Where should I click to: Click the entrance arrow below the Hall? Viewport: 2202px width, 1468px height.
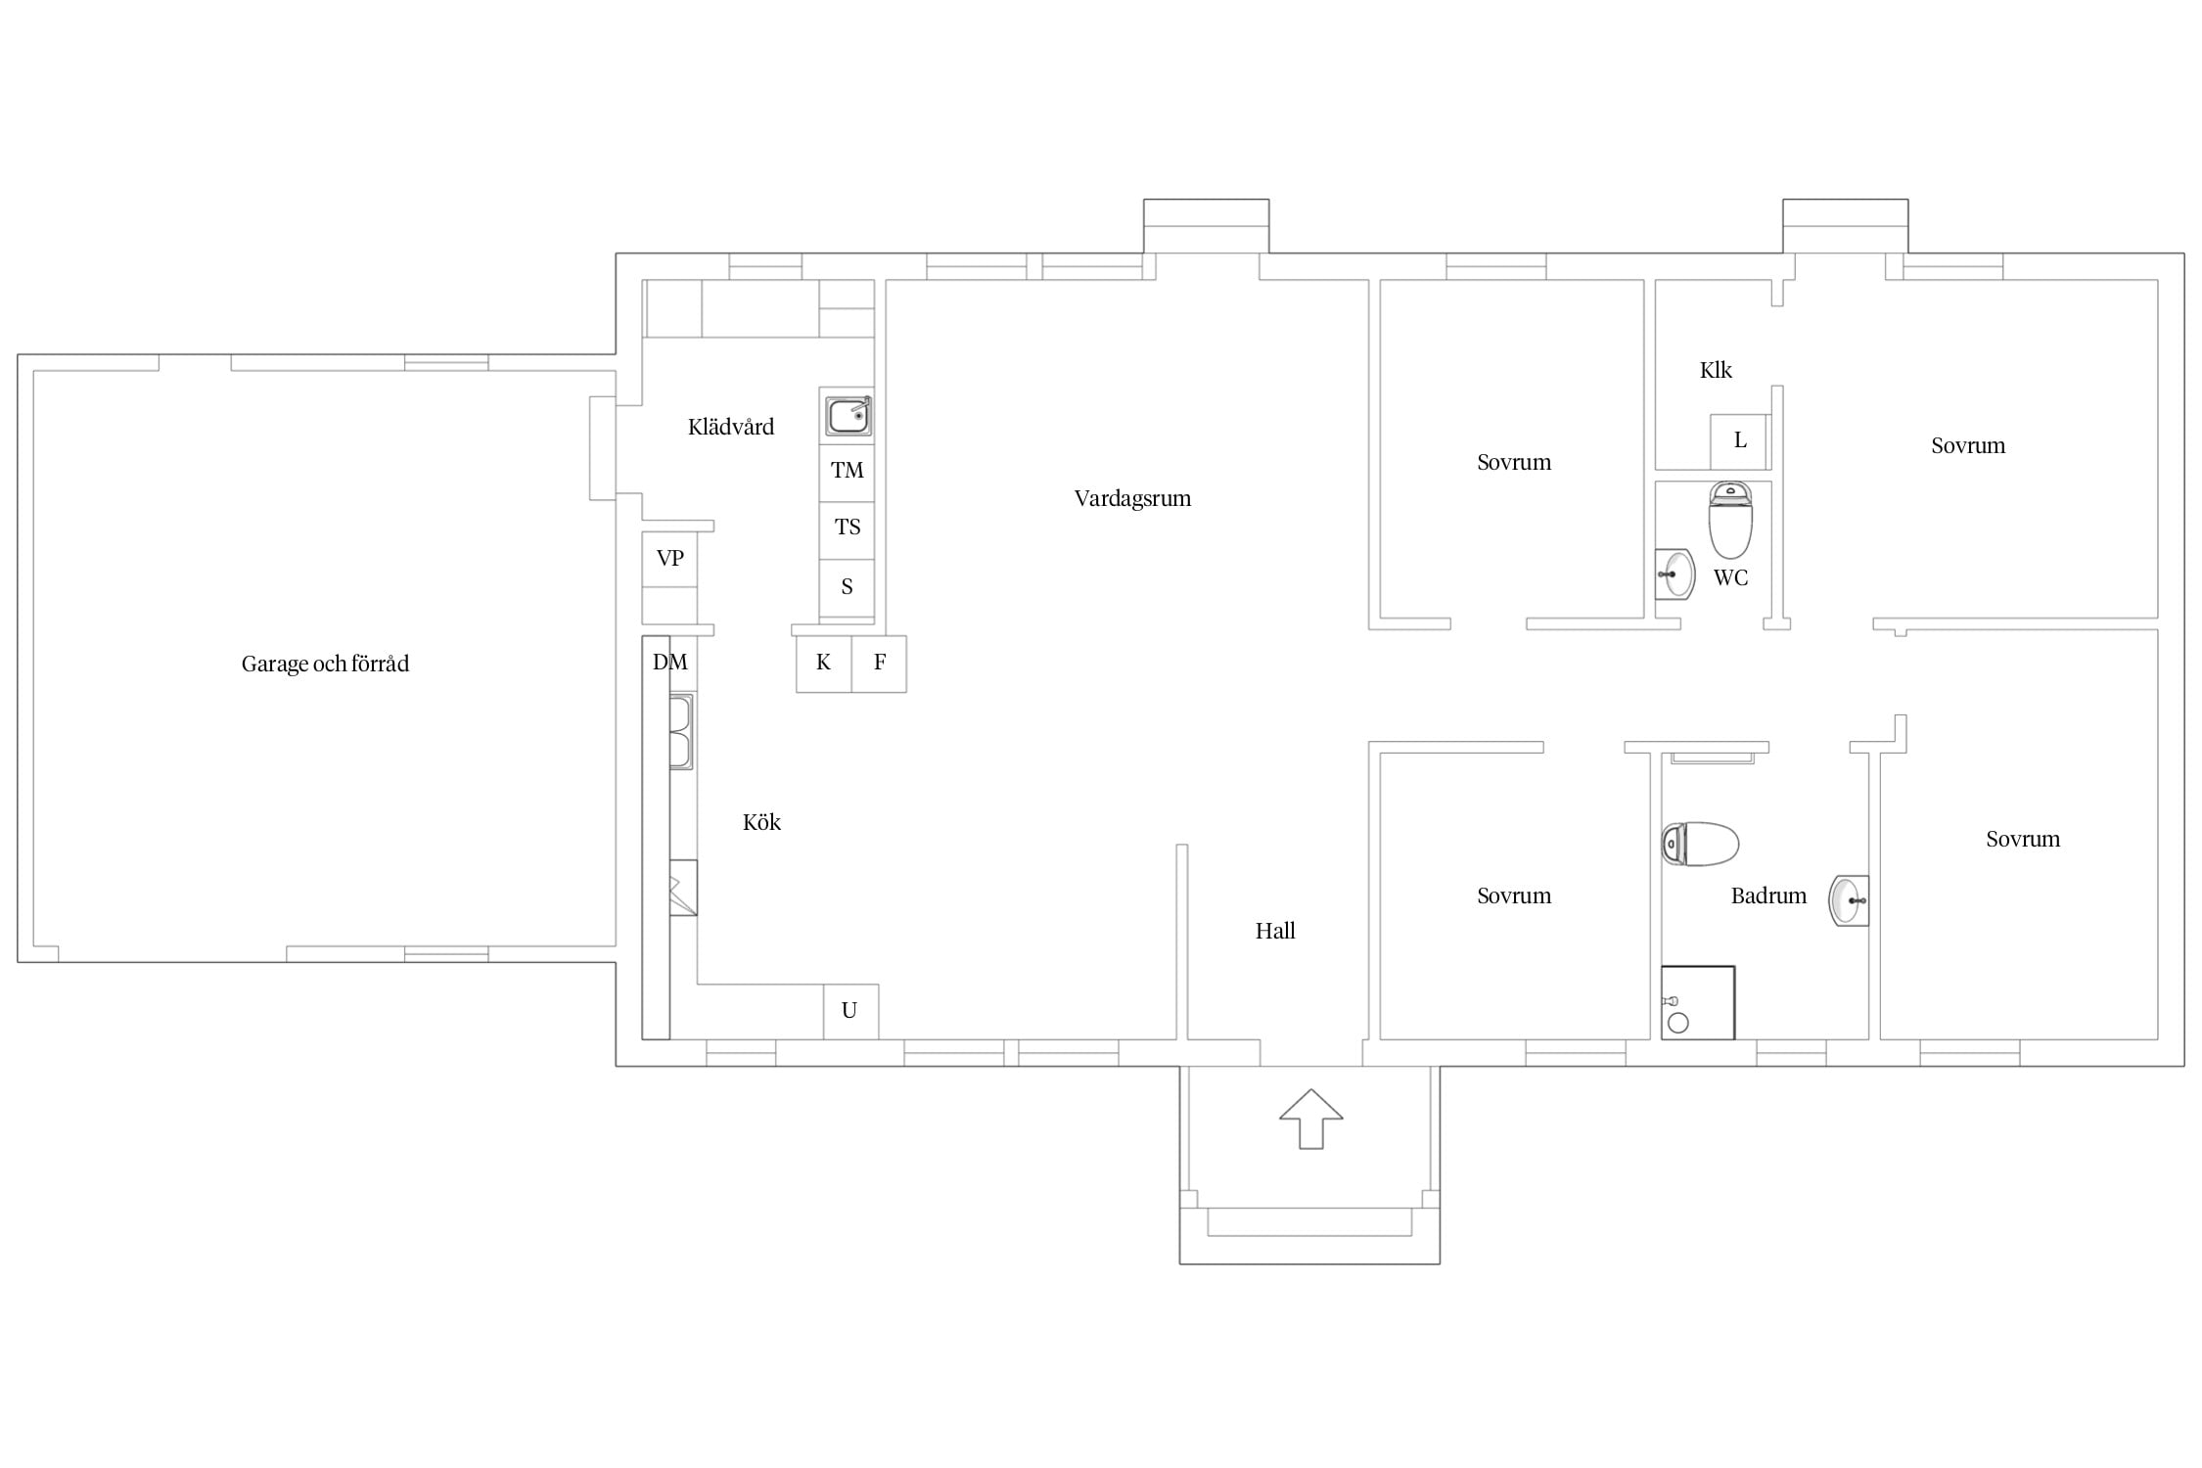click(x=1310, y=1119)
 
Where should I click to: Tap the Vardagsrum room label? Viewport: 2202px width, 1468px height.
click(x=1132, y=498)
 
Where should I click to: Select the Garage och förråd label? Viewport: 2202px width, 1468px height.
click(x=325, y=664)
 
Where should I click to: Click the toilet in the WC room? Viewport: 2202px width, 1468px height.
click(x=1730, y=520)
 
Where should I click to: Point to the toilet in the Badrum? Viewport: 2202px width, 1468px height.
click(x=1700, y=844)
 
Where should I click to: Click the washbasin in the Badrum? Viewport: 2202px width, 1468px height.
click(x=1849, y=900)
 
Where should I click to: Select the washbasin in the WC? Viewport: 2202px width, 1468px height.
click(x=1674, y=574)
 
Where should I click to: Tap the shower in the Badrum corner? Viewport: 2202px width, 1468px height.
click(x=1698, y=1003)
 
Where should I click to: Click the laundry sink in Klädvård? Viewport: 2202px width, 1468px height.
click(x=848, y=416)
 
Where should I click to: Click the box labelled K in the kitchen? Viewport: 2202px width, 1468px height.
click(x=824, y=664)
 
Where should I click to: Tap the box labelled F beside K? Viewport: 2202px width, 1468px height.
click(x=879, y=664)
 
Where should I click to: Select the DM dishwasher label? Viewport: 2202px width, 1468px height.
click(x=670, y=662)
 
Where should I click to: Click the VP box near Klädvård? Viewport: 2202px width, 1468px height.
click(x=669, y=559)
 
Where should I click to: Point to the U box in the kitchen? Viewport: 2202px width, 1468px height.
click(x=850, y=1011)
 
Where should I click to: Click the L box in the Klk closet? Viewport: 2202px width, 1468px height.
click(x=1740, y=441)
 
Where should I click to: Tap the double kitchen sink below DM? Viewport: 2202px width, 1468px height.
click(x=681, y=731)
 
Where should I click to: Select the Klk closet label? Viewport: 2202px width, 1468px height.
click(x=1716, y=370)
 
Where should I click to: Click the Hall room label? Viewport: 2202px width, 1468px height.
click(x=1275, y=931)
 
